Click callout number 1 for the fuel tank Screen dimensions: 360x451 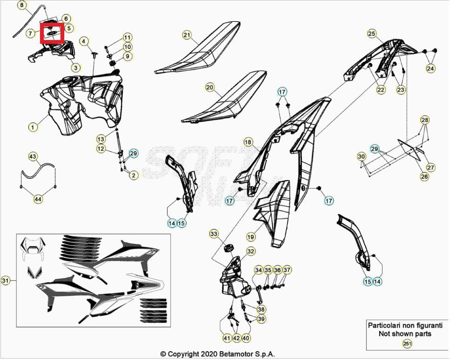click(33, 127)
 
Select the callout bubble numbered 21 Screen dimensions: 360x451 click(187, 35)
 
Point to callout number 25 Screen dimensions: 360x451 click(371, 34)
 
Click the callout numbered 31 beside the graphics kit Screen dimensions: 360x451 click(5, 280)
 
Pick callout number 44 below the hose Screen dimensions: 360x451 click(38, 199)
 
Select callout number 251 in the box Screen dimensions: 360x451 click(407, 344)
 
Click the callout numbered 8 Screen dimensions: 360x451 click(21, 6)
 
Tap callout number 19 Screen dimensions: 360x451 click(251, 237)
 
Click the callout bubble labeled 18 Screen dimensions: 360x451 click(248, 142)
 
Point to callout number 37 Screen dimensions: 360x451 click(287, 270)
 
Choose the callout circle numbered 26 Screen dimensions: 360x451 click(424, 177)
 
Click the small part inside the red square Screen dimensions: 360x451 click(51, 33)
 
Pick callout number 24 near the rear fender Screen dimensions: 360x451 click(431, 68)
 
